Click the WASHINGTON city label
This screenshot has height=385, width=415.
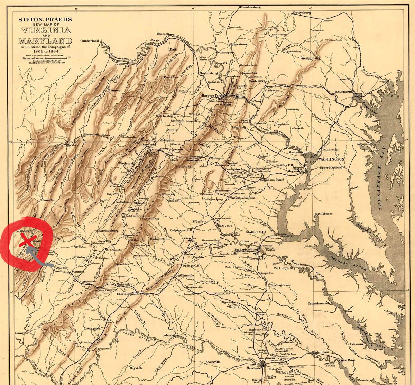(331, 159)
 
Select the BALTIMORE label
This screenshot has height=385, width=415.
(344, 92)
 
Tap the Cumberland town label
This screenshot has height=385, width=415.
(90, 40)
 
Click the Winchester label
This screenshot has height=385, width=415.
(164, 116)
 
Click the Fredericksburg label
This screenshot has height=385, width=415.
(247, 249)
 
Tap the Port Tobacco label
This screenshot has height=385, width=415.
(323, 214)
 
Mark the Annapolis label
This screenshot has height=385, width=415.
(364, 144)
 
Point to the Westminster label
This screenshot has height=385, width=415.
(311, 58)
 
